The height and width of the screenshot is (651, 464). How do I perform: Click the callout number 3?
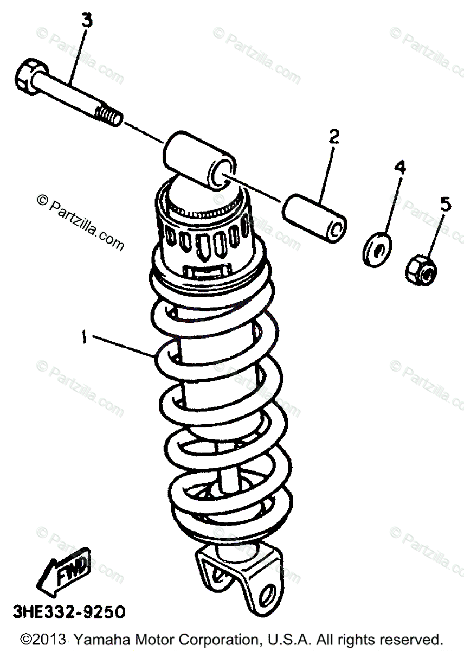[x=87, y=21]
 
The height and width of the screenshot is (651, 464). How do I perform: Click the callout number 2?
[x=333, y=136]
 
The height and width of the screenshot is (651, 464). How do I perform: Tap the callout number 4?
[x=399, y=168]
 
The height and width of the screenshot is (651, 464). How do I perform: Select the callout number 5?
[x=444, y=205]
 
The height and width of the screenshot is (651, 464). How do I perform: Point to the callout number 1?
[x=84, y=337]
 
